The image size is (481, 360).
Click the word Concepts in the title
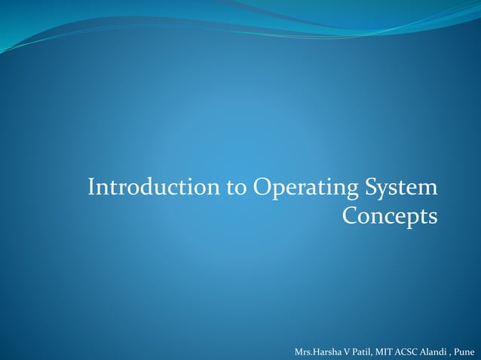tap(390, 217)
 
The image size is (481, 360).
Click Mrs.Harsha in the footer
tap(317, 352)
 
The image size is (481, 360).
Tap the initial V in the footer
tap(346, 352)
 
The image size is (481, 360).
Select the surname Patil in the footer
tap(360, 352)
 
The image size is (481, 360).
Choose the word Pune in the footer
tap(467, 352)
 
